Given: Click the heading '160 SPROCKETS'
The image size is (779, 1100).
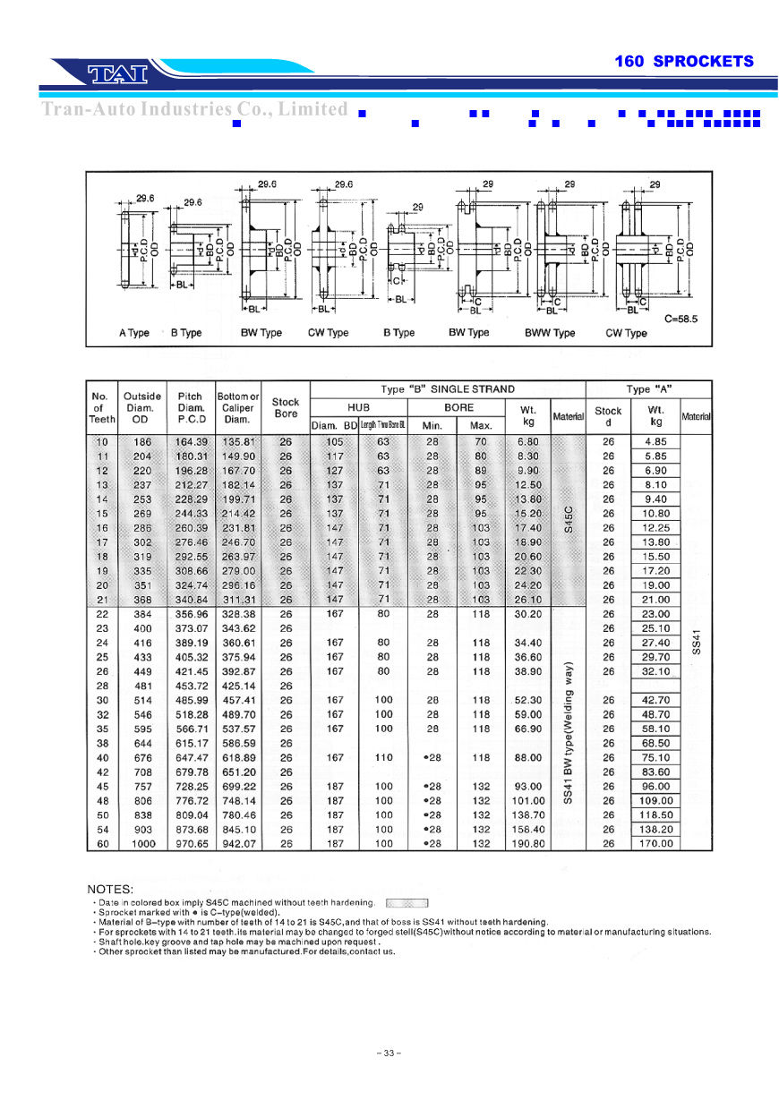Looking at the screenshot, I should pyautogui.click(x=684, y=62).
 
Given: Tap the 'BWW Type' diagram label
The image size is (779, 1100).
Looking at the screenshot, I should pyautogui.click(x=550, y=333).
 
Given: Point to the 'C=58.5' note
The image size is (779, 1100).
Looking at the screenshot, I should pyautogui.click(x=681, y=319).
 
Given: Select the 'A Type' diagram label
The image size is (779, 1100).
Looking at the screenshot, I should pyautogui.click(x=134, y=333).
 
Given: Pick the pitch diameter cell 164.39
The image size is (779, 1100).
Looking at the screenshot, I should pyautogui.click(x=192, y=442).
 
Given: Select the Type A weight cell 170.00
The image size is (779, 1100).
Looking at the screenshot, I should pyautogui.click(x=656, y=844).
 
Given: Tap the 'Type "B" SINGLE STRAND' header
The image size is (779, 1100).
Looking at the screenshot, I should pyautogui.click(x=448, y=389).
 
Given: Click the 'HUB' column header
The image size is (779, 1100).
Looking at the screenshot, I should pyautogui.click(x=358, y=407).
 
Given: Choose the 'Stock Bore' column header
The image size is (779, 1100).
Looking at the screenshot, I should pyautogui.click(x=286, y=408).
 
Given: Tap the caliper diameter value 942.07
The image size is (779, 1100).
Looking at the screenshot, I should pyautogui.click(x=238, y=844).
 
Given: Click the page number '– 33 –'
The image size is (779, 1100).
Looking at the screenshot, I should pyautogui.click(x=389, y=1053).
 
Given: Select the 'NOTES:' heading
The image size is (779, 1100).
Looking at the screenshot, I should pyautogui.click(x=110, y=890).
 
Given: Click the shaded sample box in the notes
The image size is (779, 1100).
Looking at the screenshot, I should pyautogui.click(x=407, y=902).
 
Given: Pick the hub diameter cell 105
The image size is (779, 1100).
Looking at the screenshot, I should pyautogui.click(x=334, y=442).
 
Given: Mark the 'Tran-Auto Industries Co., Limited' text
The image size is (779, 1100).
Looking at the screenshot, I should pyautogui.click(x=194, y=109).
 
